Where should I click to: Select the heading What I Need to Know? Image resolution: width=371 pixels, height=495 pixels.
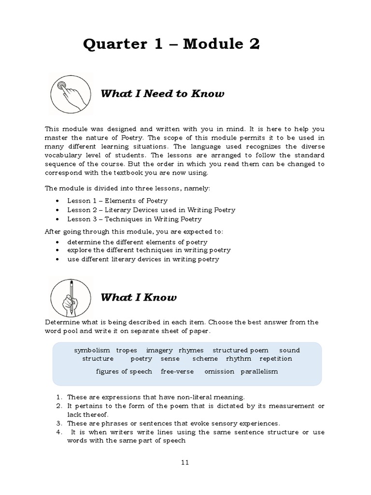click(x=162, y=94)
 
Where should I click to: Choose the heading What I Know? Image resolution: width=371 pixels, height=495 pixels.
click(x=138, y=298)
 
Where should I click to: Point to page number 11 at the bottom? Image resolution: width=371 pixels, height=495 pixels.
click(x=185, y=462)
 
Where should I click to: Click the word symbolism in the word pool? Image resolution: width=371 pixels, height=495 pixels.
click(x=92, y=350)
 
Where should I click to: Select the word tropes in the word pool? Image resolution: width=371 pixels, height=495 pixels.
click(x=127, y=350)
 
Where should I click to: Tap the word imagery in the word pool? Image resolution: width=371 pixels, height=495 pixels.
click(x=159, y=350)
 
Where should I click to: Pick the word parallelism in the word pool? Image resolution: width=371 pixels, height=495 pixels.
click(x=259, y=371)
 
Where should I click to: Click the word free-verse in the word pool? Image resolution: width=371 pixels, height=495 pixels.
click(x=177, y=371)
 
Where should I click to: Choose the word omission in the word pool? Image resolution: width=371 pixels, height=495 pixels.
click(x=219, y=371)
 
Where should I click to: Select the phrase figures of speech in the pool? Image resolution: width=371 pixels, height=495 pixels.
click(x=124, y=371)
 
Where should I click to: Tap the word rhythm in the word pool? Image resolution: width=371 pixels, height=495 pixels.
click(x=239, y=359)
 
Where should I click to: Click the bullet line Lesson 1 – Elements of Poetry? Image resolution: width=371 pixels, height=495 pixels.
click(x=117, y=201)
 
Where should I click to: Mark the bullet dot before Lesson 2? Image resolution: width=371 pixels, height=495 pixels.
click(x=58, y=210)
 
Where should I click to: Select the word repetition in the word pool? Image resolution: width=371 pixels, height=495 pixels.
click(x=276, y=359)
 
